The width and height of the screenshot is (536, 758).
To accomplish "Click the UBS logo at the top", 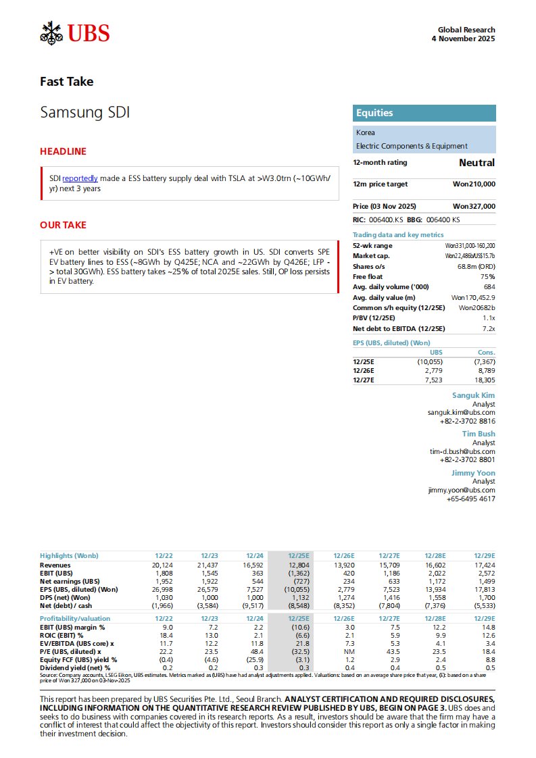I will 75,32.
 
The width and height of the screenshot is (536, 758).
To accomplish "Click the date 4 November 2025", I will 463,39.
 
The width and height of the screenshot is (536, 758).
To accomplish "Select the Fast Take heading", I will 67,82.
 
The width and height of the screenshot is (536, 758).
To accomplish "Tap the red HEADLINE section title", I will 64,151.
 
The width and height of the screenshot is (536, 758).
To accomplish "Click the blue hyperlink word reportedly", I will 84,178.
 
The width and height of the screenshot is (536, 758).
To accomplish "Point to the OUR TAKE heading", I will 64,225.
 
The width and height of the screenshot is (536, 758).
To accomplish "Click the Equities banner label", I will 374,113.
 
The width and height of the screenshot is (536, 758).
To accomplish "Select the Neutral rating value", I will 477,163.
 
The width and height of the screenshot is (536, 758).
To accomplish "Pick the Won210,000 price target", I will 474,184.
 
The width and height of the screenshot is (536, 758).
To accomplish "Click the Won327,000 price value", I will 474,206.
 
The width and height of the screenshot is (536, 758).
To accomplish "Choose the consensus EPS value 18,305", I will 483,380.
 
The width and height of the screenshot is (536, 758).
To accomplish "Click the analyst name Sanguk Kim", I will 473,395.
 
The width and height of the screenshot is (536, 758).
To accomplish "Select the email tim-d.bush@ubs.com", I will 462,451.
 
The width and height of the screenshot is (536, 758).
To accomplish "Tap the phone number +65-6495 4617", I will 470,499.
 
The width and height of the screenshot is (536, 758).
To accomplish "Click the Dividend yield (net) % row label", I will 75,667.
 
